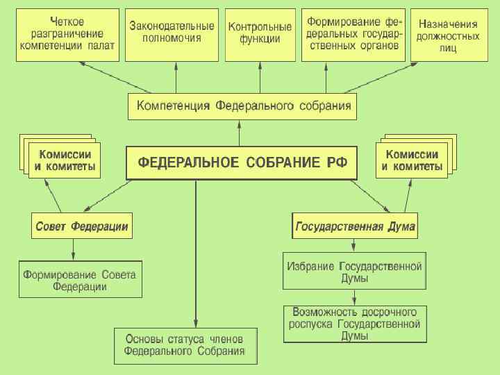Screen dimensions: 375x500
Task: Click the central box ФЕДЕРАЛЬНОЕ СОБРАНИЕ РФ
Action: (x=241, y=164)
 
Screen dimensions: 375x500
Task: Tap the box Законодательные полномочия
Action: (x=172, y=35)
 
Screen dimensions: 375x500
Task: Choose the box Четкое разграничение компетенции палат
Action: (x=67, y=35)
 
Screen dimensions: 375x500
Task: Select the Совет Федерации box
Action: (x=82, y=226)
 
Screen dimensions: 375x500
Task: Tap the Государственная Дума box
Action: (x=356, y=226)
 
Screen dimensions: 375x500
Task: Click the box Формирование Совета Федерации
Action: (x=80, y=280)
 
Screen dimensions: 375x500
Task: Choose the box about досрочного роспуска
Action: (x=354, y=324)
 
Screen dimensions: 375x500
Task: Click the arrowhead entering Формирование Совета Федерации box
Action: (x=74, y=256)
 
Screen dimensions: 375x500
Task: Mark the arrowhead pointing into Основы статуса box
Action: (x=196, y=323)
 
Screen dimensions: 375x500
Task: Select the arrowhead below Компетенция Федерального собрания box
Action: (x=240, y=123)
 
